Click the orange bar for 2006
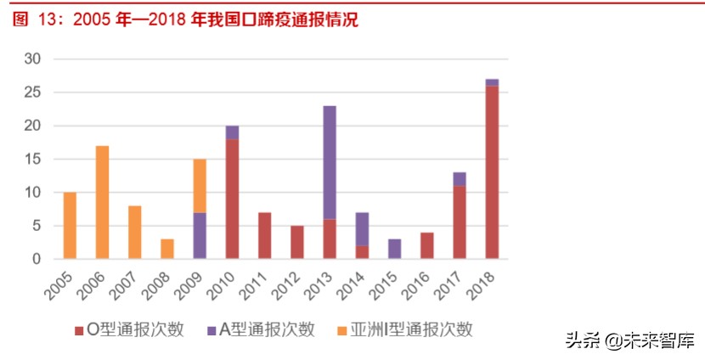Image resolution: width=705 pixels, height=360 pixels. tap(102, 202)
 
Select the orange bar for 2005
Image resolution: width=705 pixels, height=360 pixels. tap(70, 225)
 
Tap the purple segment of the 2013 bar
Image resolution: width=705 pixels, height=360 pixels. tap(330, 162)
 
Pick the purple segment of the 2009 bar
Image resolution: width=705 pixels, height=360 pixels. tap(200, 235)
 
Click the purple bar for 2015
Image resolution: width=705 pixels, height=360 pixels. tap(394, 249)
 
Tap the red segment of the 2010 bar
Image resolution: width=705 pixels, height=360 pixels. tap(232, 199)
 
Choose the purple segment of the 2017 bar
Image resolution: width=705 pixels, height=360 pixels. tap(460, 178)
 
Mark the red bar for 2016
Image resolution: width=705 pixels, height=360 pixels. tap(426, 245)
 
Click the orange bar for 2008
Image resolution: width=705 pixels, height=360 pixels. tap(167, 249)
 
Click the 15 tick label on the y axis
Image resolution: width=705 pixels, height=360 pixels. tap(32, 160)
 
